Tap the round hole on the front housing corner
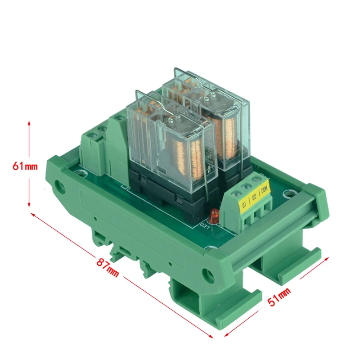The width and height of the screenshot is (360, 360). pos(208,273)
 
